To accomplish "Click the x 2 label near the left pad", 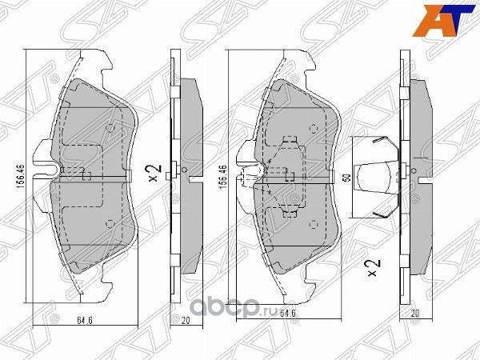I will pos(155,171).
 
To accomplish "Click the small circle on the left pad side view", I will pos(186,169).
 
